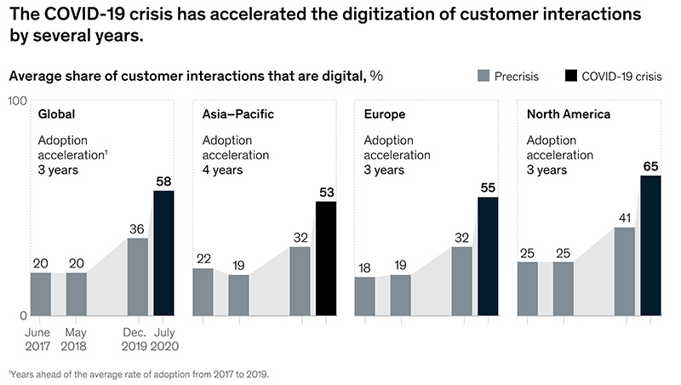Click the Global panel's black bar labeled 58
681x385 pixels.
click(163, 253)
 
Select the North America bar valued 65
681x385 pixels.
click(650, 245)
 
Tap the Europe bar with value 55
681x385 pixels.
click(488, 256)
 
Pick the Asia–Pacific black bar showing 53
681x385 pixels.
click(326, 258)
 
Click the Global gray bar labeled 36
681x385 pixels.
click(137, 277)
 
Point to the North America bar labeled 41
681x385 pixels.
click(624, 271)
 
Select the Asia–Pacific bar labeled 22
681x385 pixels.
click(203, 291)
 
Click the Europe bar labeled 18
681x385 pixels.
click(364, 296)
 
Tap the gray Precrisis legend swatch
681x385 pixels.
click(484, 77)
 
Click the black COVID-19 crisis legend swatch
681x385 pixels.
click(571, 77)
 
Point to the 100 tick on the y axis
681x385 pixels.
click(15, 101)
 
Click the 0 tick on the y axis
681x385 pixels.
click(22, 315)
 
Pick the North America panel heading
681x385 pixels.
click(566, 114)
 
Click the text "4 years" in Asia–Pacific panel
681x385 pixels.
click(225, 170)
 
